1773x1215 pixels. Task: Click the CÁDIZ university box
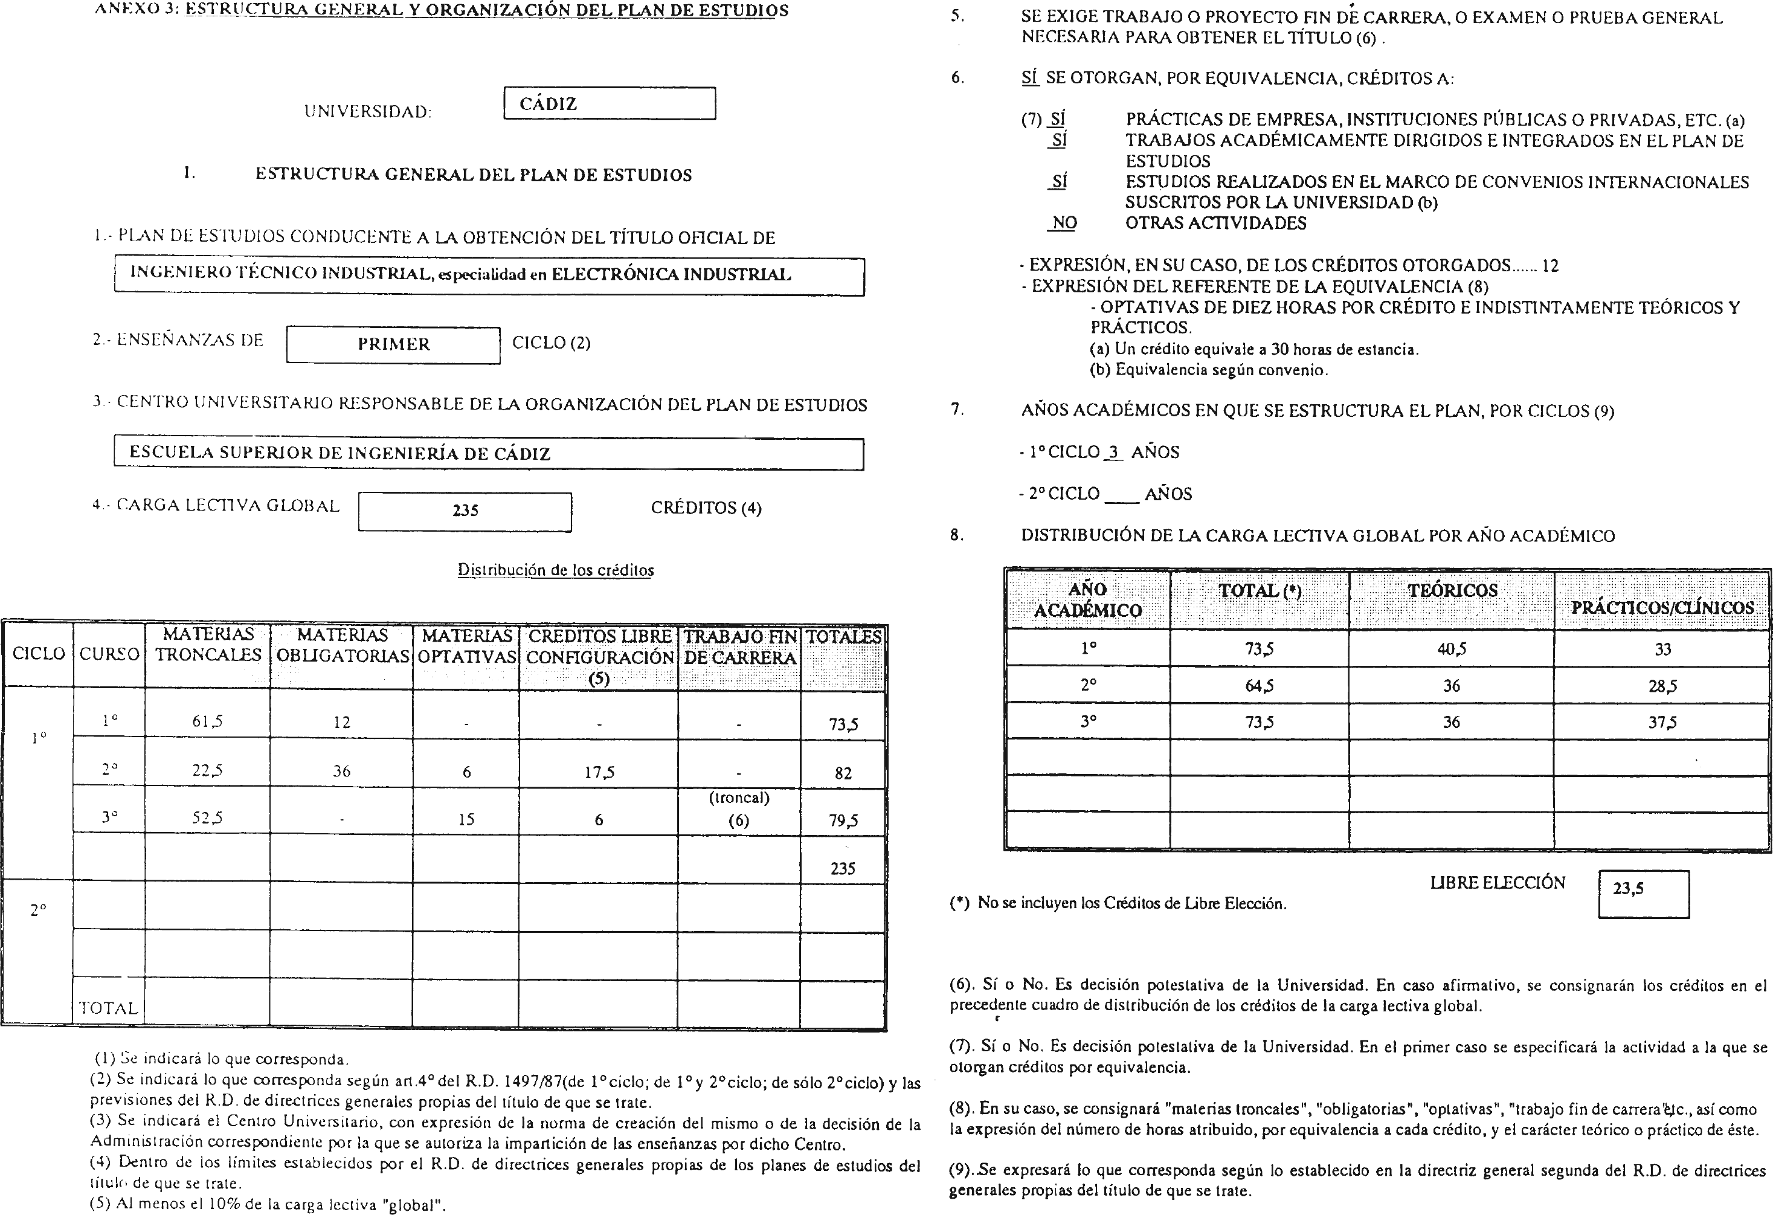tap(609, 104)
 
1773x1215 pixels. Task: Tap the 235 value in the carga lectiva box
tap(465, 511)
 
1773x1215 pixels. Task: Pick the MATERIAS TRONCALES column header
tap(208, 645)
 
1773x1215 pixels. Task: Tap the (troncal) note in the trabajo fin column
tap(738, 798)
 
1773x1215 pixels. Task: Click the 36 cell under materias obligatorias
tap(341, 772)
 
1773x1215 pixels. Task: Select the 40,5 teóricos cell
tap(1451, 649)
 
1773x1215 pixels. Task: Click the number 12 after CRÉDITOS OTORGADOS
tap(1549, 266)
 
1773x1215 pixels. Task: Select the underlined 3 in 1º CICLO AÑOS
tap(1113, 452)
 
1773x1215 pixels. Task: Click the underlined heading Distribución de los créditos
tap(555, 570)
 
